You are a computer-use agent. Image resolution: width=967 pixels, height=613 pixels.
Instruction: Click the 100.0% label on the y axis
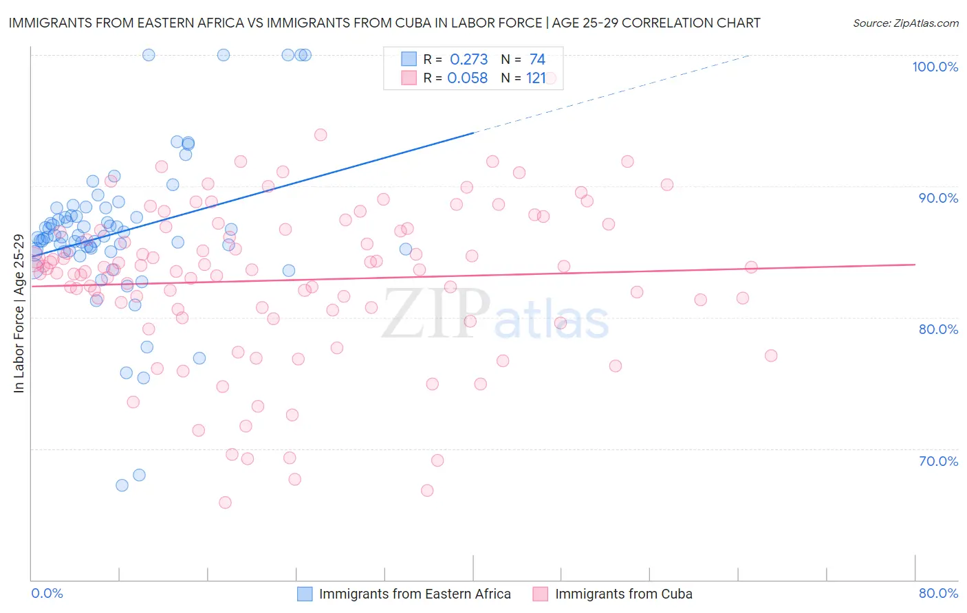coord(935,67)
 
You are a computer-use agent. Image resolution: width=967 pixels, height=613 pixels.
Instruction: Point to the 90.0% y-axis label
coord(938,198)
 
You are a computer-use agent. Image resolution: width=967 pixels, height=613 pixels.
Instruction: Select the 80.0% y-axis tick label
coord(938,329)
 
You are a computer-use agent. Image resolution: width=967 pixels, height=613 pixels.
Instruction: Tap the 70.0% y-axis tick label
coord(938,460)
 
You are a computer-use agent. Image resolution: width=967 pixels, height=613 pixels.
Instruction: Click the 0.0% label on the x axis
coord(47,593)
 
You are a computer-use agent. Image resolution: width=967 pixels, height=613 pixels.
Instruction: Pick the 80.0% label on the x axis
coord(938,593)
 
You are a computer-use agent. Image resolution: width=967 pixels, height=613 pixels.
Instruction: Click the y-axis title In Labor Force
coord(19,313)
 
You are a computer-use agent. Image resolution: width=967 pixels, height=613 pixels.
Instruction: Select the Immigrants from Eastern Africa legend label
coord(415,594)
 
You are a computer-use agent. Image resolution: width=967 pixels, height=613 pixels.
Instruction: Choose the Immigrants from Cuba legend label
coord(623,594)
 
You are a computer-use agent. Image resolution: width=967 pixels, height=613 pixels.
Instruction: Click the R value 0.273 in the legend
coord(468,60)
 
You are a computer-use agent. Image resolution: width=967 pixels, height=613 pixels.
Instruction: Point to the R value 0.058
coord(467,78)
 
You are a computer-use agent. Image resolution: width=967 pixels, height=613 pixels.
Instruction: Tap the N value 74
coord(537,60)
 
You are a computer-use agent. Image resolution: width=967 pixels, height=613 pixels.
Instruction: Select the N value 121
coord(536,78)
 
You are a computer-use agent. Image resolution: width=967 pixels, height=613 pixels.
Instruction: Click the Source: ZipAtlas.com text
coord(905,23)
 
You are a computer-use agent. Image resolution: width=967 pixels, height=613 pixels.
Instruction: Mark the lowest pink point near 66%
coord(225,502)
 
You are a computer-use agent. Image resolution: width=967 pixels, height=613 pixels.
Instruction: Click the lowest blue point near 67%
coord(122,485)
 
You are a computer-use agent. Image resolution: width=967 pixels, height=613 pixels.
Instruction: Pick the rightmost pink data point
coord(771,355)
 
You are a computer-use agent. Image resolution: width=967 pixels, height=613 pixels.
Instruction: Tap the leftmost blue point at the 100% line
coord(149,55)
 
